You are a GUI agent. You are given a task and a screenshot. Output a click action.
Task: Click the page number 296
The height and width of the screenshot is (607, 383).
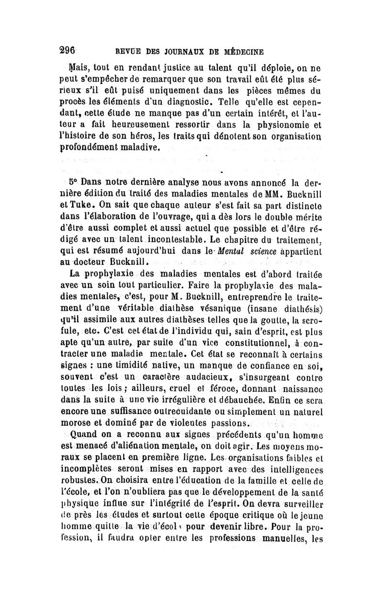70,51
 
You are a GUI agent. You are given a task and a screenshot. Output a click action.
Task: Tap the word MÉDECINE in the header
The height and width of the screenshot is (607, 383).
243,52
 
